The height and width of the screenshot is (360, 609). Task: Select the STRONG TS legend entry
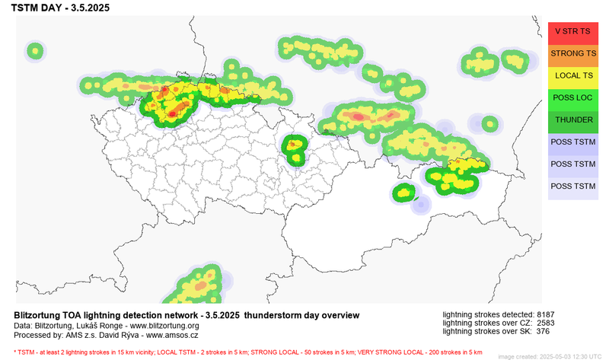(572, 54)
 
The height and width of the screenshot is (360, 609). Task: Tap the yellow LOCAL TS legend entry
(572, 76)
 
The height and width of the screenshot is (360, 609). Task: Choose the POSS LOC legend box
(572, 98)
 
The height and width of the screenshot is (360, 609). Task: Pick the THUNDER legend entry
(572, 120)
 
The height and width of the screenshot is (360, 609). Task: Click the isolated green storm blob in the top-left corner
(35, 52)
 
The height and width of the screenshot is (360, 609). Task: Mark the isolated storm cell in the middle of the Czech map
(293, 148)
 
